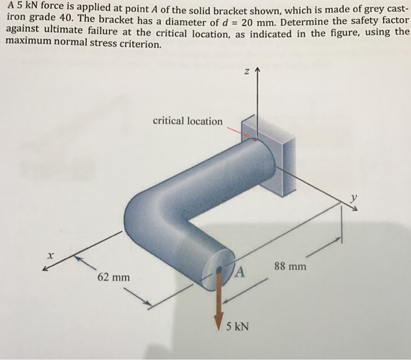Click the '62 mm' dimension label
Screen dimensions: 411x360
114,276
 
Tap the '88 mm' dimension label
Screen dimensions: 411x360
290,266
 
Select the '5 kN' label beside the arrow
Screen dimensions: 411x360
237,326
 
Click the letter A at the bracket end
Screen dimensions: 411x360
240,271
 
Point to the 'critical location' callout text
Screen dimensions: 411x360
187,122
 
